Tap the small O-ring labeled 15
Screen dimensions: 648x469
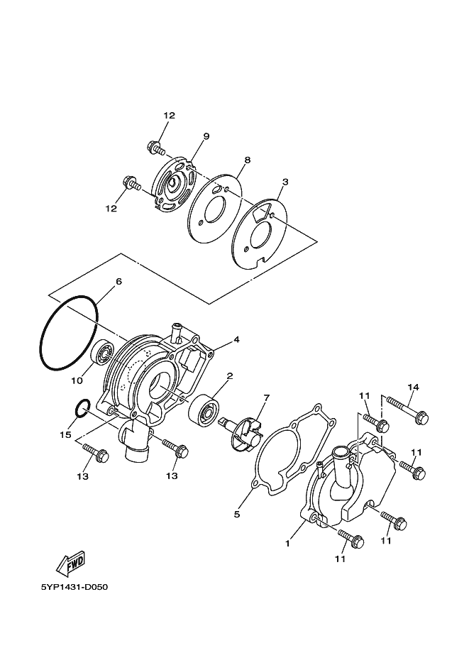click(x=82, y=408)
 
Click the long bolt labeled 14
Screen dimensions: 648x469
click(x=405, y=411)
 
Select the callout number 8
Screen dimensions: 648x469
click(x=248, y=160)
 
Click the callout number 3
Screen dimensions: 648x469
click(x=285, y=182)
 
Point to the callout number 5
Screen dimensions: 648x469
click(x=237, y=513)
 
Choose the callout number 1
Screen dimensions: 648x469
click(x=287, y=544)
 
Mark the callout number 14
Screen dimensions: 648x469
click(x=414, y=387)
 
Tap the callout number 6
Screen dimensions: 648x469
click(x=118, y=282)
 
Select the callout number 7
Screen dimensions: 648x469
click(x=267, y=397)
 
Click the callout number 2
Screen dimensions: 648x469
click(x=229, y=375)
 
